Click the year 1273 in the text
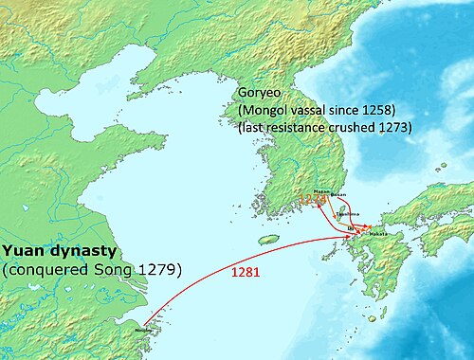click(392, 126)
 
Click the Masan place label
click(320, 192)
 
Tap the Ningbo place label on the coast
click(142, 331)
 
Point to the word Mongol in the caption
click(270, 109)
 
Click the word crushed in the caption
click(353, 126)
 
